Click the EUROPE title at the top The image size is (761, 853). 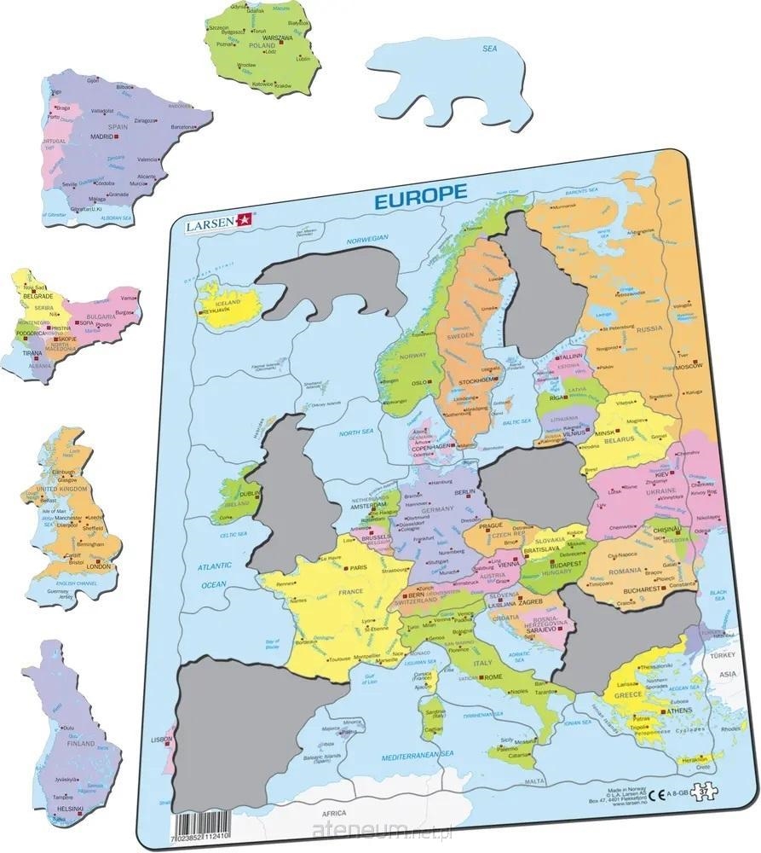[x=418, y=194]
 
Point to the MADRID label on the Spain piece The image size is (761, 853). [x=103, y=136]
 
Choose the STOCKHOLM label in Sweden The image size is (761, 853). [x=476, y=380]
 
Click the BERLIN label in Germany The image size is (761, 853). [x=464, y=493]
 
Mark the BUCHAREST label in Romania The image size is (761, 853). [x=641, y=589]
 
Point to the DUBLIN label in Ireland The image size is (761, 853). [x=251, y=493]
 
